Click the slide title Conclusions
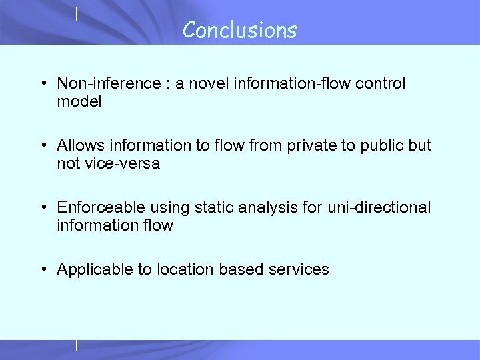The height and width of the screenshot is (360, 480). click(239, 30)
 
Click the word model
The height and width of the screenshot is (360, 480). click(79, 102)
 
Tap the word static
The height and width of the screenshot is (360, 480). click(211, 207)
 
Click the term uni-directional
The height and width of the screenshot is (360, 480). click(379, 207)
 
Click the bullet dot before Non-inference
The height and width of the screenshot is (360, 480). click(43, 85)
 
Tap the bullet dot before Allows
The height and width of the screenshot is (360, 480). click(43, 146)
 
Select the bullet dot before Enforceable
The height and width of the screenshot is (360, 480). click(43, 208)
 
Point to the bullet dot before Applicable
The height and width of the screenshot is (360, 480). click(43, 270)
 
